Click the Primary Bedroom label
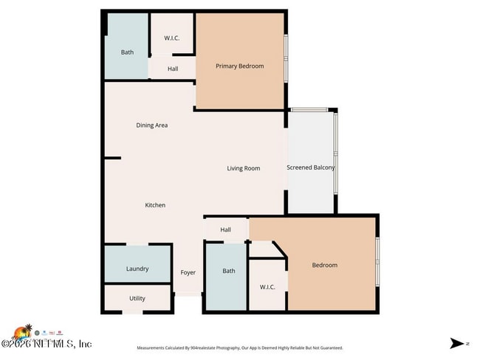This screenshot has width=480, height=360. pos(239,66)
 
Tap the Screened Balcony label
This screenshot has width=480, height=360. pos(310,167)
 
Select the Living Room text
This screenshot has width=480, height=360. pos(243,168)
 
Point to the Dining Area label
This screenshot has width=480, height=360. pos(151,125)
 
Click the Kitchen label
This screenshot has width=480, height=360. pos(155,205)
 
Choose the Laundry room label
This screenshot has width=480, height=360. pos(137,269)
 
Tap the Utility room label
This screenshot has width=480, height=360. pos(137,299)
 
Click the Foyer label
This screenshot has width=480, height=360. pos(188,273)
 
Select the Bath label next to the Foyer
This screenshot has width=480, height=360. pos(229,271)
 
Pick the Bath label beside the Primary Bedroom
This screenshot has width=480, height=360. pos(128,52)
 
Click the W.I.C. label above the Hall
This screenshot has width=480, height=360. pos(171,38)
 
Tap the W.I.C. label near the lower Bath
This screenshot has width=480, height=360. pos(267,287)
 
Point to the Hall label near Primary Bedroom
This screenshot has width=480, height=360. pos(173,69)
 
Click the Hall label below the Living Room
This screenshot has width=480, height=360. pos(226,230)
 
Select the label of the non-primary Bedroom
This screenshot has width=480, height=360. pos(324,266)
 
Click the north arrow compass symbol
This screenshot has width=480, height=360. pos(458,343)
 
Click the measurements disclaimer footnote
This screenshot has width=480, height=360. pos(239,347)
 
